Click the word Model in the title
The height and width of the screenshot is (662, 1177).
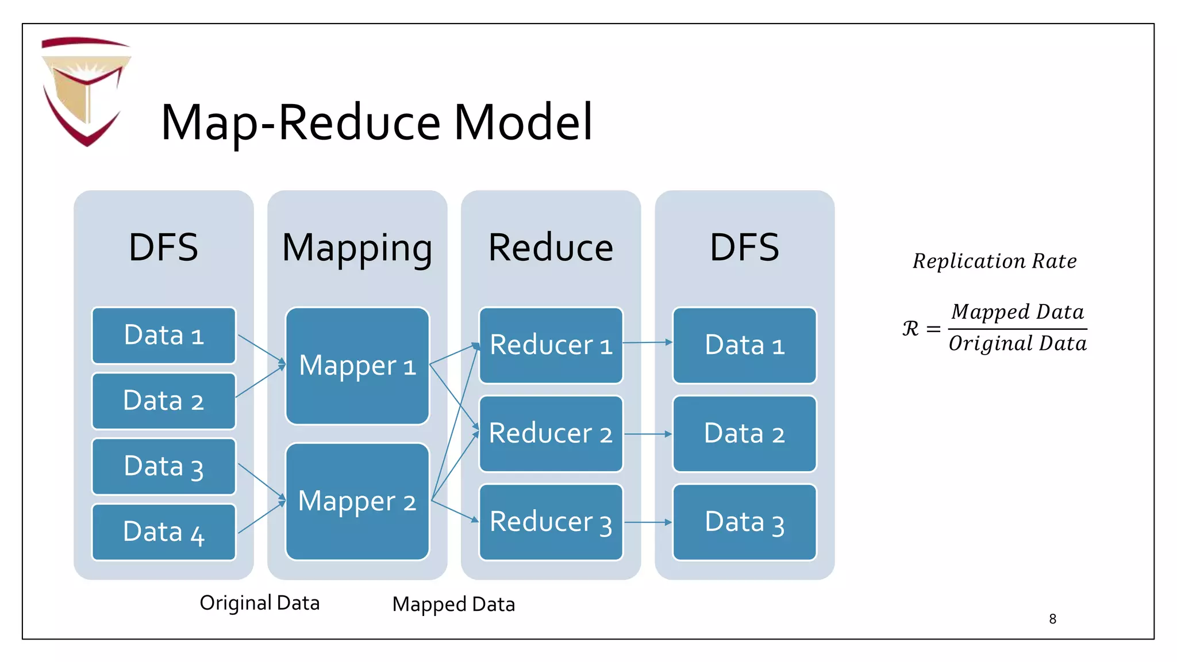pos(523,122)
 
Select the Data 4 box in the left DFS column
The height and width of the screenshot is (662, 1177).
pos(164,532)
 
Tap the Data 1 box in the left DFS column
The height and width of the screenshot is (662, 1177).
pos(164,336)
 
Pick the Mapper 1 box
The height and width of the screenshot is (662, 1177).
pos(357,366)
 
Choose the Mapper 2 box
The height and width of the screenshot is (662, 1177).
pos(357,502)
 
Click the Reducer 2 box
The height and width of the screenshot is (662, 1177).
pos(551,434)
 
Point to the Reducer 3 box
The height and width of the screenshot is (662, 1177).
pos(551,522)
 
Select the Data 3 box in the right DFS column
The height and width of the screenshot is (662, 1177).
pos(744,522)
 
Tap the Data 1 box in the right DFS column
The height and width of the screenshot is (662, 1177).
pos(744,345)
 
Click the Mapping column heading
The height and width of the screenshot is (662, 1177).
pos(357,248)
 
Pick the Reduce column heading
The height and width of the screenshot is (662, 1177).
pos(551,248)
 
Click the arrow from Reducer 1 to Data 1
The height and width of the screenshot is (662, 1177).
pos(647,342)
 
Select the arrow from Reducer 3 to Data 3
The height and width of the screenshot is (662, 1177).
pos(647,522)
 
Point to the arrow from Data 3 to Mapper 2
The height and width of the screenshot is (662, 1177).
pos(261,482)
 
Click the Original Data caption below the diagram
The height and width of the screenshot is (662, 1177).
pos(259,603)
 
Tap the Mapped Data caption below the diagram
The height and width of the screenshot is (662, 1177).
pos(453,605)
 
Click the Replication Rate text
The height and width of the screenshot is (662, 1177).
pos(994,261)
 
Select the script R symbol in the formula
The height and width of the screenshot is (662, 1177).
pos(910,329)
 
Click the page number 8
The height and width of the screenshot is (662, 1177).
pos(1052,619)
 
